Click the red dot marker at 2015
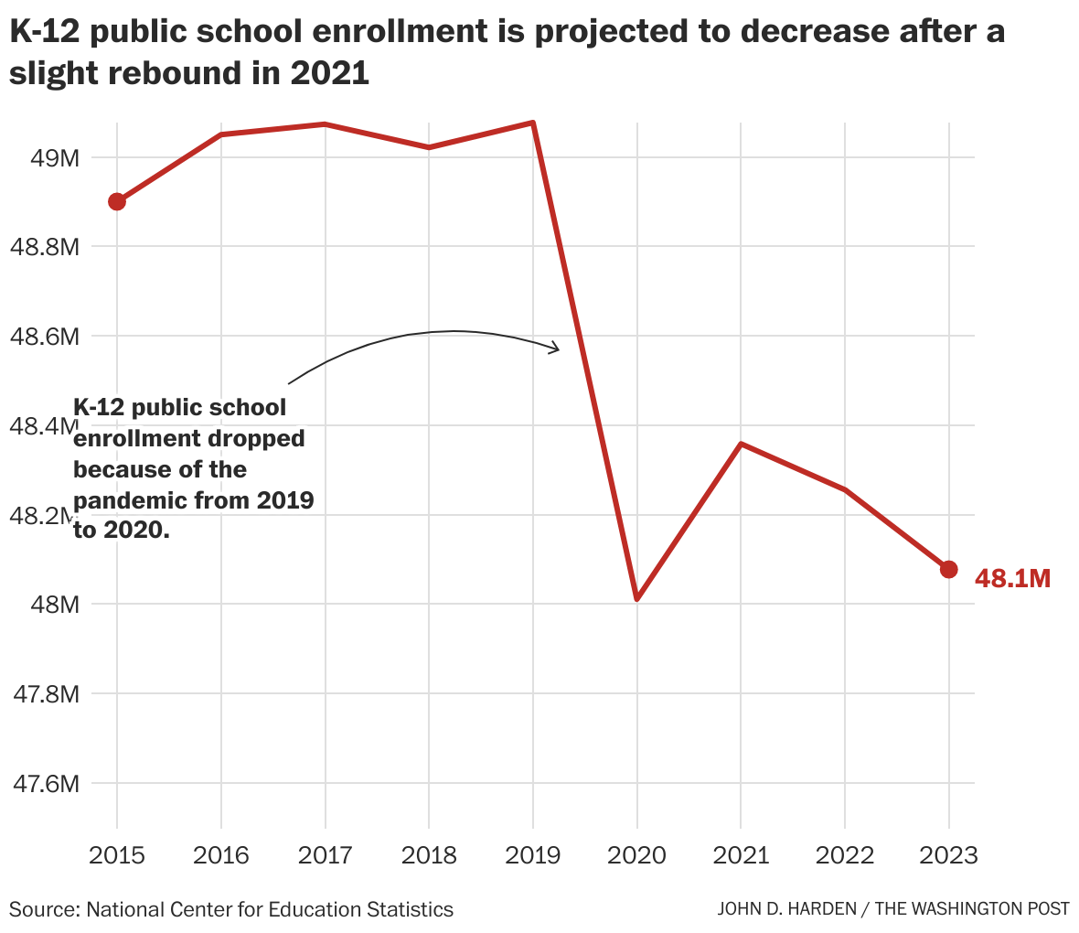117,201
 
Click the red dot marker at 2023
948,569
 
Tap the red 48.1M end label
1012,578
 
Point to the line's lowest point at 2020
636,598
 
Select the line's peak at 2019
533,123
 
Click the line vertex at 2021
741,444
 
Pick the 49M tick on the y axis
55,158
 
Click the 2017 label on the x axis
325,855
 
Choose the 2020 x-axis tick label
636,855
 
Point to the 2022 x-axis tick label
844,855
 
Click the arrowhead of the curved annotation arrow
555,348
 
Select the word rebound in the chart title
170,74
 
